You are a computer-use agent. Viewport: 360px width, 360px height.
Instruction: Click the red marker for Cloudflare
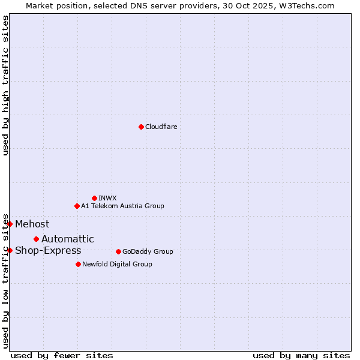click(x=141, y=127)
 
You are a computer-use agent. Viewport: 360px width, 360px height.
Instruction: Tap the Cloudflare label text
click(x=161, y=127)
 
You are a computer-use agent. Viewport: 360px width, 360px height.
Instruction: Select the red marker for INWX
click(x=94, y=198)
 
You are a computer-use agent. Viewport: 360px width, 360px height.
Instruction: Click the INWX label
click(x=107, y=198)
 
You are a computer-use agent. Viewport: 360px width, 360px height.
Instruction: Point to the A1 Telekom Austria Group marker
click(x=77, y=206)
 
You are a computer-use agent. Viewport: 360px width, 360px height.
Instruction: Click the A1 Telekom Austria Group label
click(x=122, y=206)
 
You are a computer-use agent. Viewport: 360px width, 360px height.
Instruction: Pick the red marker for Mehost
click(x=10, y=224)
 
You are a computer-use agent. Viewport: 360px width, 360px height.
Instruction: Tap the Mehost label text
click(x=32, y=224)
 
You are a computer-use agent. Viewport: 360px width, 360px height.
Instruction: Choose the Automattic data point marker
click(x=36, y=239)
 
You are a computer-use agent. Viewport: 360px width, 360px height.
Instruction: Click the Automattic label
click(x=67, y=239)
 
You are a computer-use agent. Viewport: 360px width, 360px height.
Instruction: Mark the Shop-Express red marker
click(x=10, y=250)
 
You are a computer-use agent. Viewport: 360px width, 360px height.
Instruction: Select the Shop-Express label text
click(x=48, y=251)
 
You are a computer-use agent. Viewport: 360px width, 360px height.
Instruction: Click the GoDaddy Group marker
click(x=118, y=251)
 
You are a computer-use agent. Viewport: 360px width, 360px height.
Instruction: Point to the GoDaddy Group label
click(x=148, y=251)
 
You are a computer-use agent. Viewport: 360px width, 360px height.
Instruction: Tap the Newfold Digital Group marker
click(x=78, y=264)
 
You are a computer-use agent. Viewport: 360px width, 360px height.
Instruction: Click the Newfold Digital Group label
click(x=117, y=264)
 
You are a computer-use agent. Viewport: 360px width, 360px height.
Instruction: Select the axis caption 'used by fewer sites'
click(x=62, y=355)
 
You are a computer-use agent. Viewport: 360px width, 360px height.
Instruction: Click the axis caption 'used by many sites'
click(x=301, y=355)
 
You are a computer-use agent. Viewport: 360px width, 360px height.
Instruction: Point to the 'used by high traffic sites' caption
click(x=5, y=85)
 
